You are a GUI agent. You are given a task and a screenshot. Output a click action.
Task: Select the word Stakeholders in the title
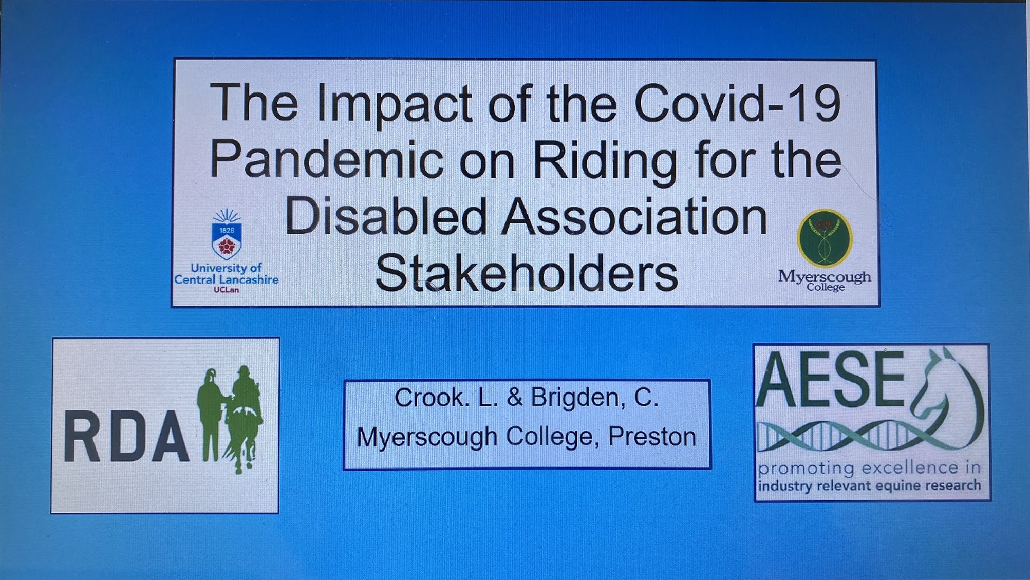[526, 272]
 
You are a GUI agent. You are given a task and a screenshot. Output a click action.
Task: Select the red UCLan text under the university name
[226, 290]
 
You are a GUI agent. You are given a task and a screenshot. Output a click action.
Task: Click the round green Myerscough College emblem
[825, 238]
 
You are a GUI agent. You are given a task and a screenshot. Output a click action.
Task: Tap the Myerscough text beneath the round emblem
[825, 277]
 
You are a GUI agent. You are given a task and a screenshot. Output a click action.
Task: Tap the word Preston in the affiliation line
[652, 437]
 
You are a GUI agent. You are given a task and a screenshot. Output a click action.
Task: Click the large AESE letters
[830, 380]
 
